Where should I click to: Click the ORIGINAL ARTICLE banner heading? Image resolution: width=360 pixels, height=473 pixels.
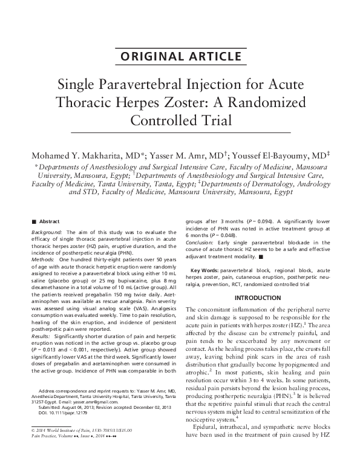[x=180, y=57]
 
